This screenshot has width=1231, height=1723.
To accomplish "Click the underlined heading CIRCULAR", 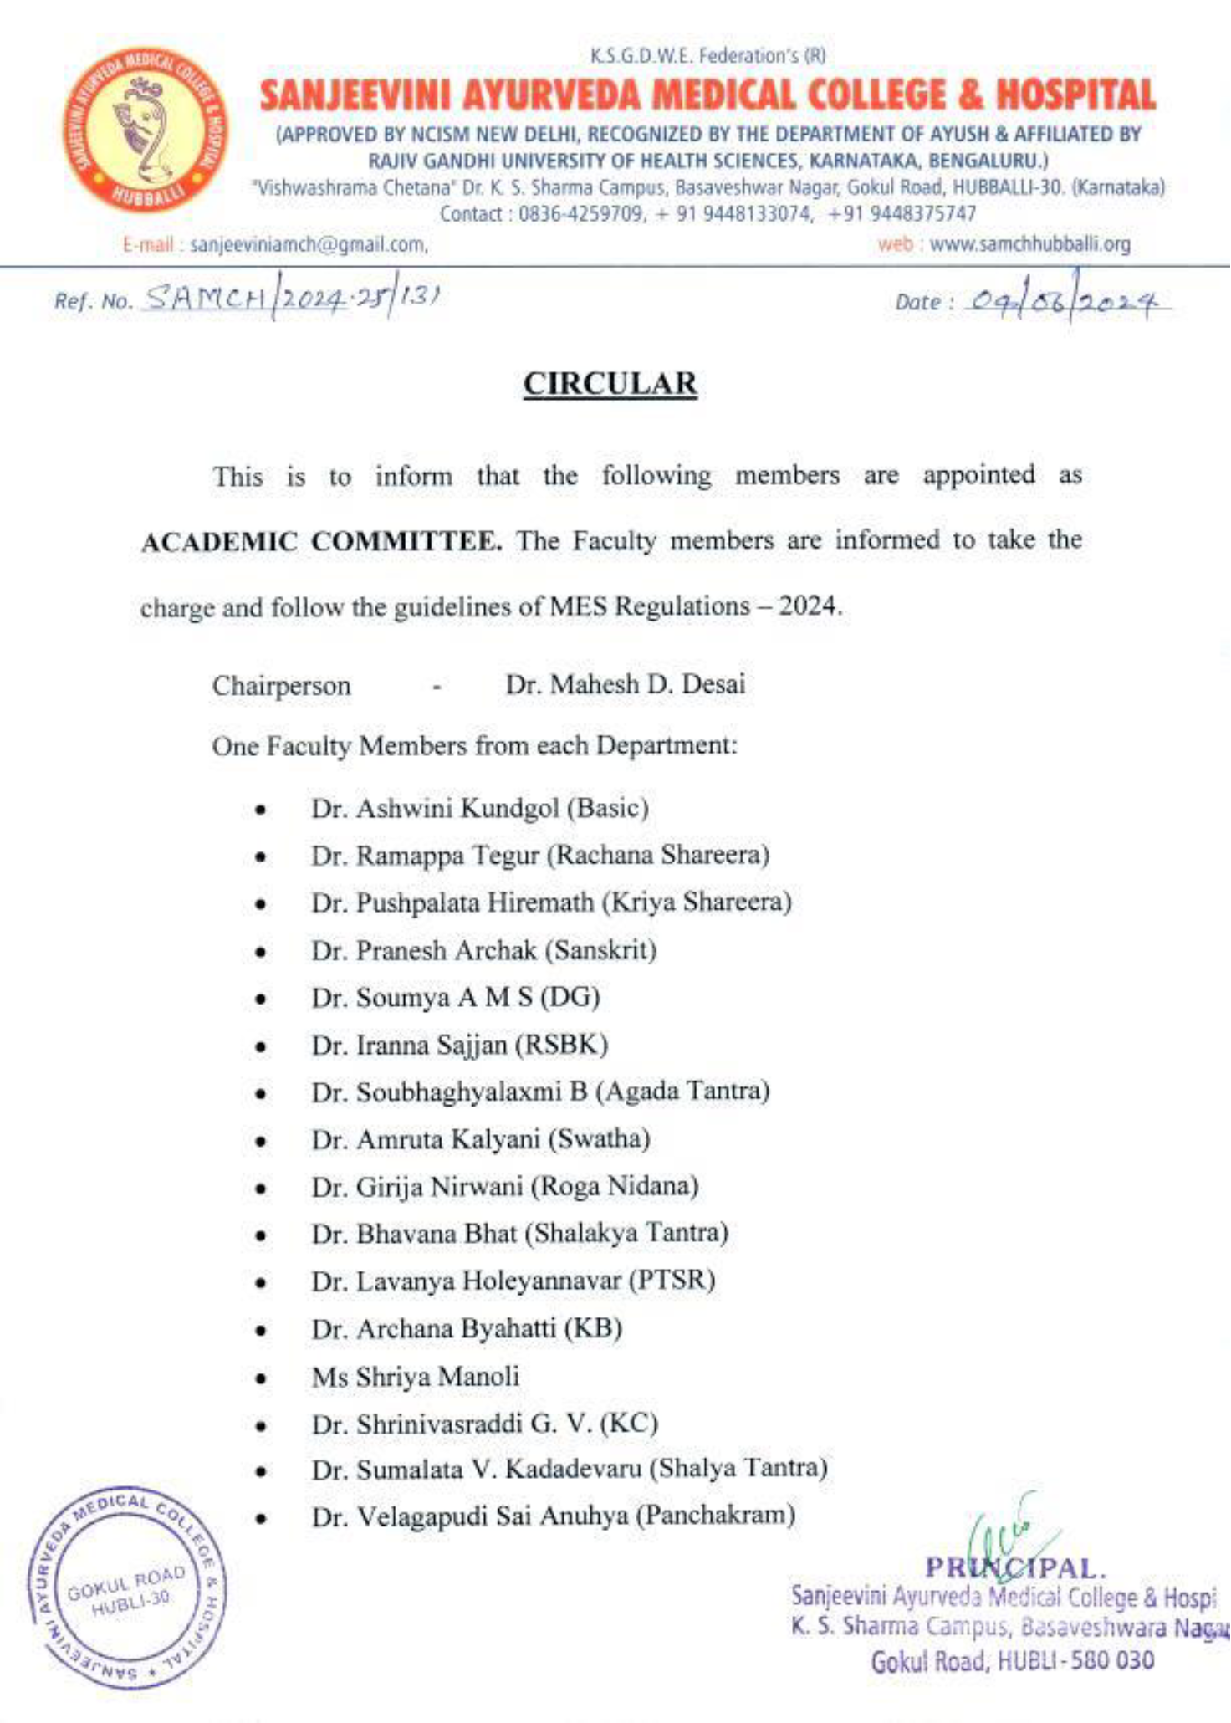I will point(610,384).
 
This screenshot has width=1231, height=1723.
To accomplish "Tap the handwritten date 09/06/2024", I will point(1065,300).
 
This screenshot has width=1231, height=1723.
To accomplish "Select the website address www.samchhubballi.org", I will point(1029,245).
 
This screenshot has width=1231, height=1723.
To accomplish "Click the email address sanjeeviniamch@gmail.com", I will point(309,245).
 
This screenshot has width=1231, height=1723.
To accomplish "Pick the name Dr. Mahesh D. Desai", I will point(625,684).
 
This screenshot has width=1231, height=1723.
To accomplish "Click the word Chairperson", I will point(281,686).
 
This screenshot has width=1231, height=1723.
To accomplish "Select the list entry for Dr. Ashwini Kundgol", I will point(480,808).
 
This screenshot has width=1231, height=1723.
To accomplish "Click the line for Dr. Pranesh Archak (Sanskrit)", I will point(484,950).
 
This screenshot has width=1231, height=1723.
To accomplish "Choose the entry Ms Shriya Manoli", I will point(416,1376).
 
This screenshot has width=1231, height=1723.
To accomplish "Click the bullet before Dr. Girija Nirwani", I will point(262,1188).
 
